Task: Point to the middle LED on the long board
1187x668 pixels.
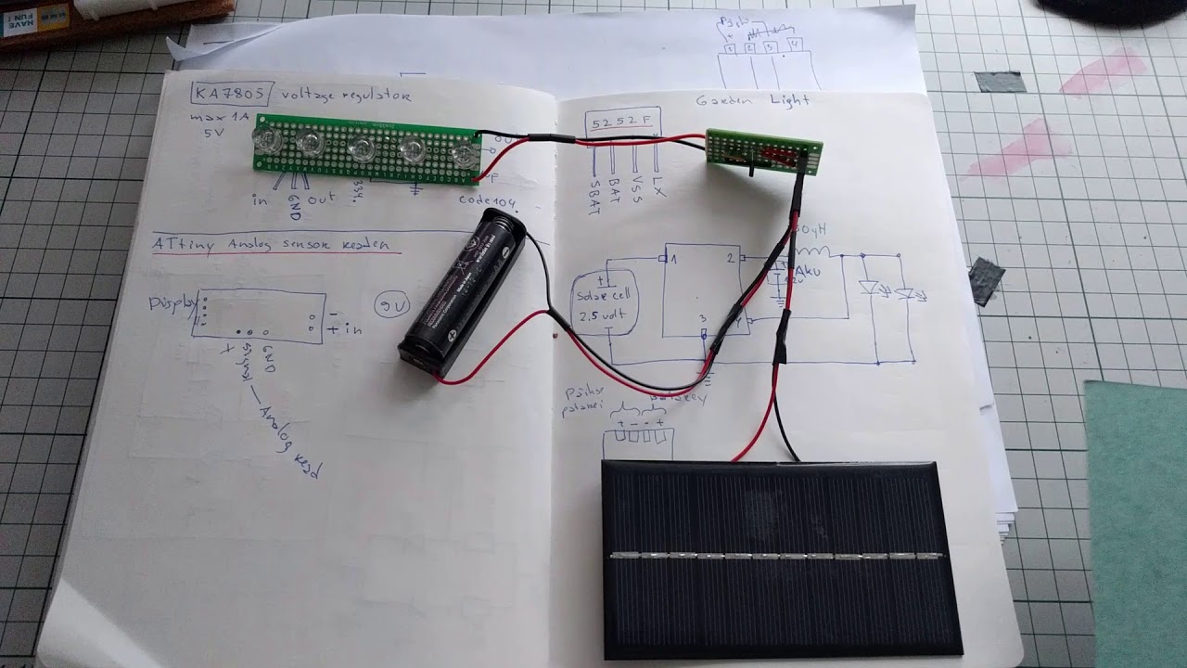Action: pos(361,148)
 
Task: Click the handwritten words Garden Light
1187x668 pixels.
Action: pos(753,100)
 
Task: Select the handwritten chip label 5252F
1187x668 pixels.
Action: pos(624,121)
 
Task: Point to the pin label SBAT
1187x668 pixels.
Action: pos(594,196)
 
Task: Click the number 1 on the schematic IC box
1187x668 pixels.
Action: pos(674,259)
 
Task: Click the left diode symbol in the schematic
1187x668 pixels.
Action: pos(869,288)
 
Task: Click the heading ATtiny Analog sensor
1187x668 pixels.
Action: pos(276,245)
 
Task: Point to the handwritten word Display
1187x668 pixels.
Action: pos(172,303)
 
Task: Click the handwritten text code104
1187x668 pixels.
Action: pos(486,200)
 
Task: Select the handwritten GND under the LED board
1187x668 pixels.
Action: pos(295,205)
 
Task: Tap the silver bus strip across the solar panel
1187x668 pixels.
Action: pos(777,557)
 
